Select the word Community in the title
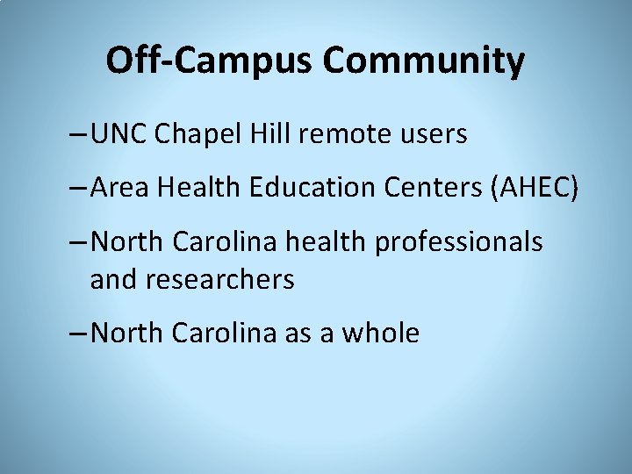(x=424, y=61)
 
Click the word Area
(x=118, y=187)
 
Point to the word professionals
(x=458, y=241)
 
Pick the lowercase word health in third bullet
(x=328, y=241)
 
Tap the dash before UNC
(x=76, y=136)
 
